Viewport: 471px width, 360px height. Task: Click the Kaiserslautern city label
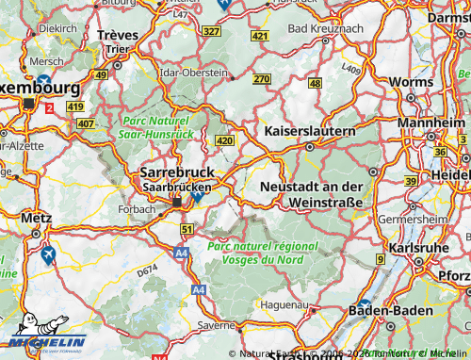(310, 130)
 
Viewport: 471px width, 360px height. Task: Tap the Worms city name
(408, 82)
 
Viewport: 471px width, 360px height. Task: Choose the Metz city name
(36, 218)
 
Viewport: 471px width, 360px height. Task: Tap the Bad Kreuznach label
(324, 29)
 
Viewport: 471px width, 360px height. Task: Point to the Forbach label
(138, 208)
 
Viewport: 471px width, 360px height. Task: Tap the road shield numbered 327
(211, 32)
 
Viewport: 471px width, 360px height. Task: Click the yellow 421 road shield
(260, 36)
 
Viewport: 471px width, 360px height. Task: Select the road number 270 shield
(261, 79)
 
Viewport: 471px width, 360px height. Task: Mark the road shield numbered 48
(315, 84)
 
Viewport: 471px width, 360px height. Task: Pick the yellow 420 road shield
(223, 140)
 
